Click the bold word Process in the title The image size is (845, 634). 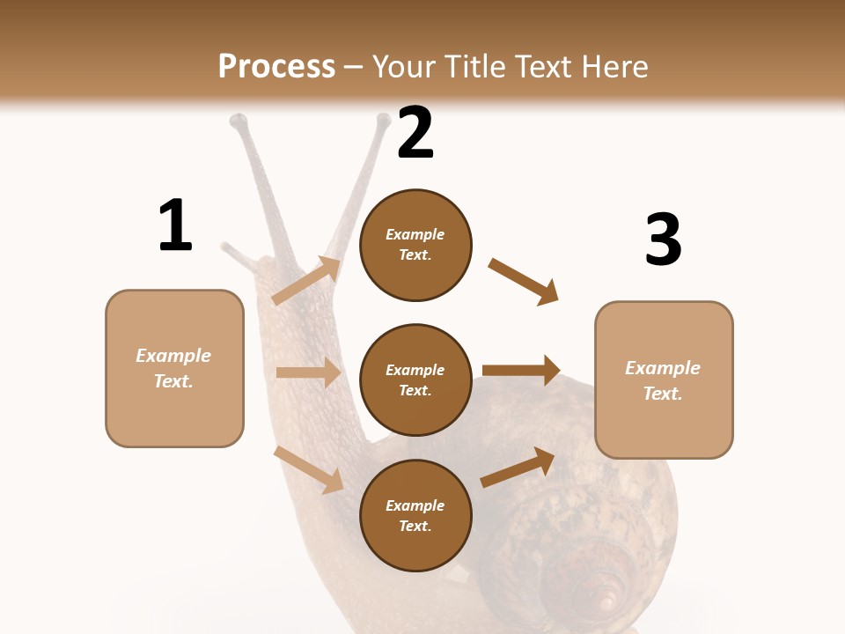pyautogui.click(x=276, y=66)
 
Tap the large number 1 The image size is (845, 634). pyautogui.click(x=174, y=225)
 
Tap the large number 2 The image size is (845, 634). pyautogui.click(x=415, y=133)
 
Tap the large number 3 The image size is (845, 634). pyautogui.click(x=663, y=240)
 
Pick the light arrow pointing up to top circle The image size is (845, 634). pyautogui.click(x=306, y=281)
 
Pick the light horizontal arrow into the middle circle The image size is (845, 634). pyautogui.click(x=308, y=372)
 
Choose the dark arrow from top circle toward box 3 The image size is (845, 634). pyautogui.click(x=523, y=281)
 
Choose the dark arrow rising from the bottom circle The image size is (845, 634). pyautogui.click(x=518, y=467)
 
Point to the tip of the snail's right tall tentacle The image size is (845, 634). pyautogui.click(x=382, y=122)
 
